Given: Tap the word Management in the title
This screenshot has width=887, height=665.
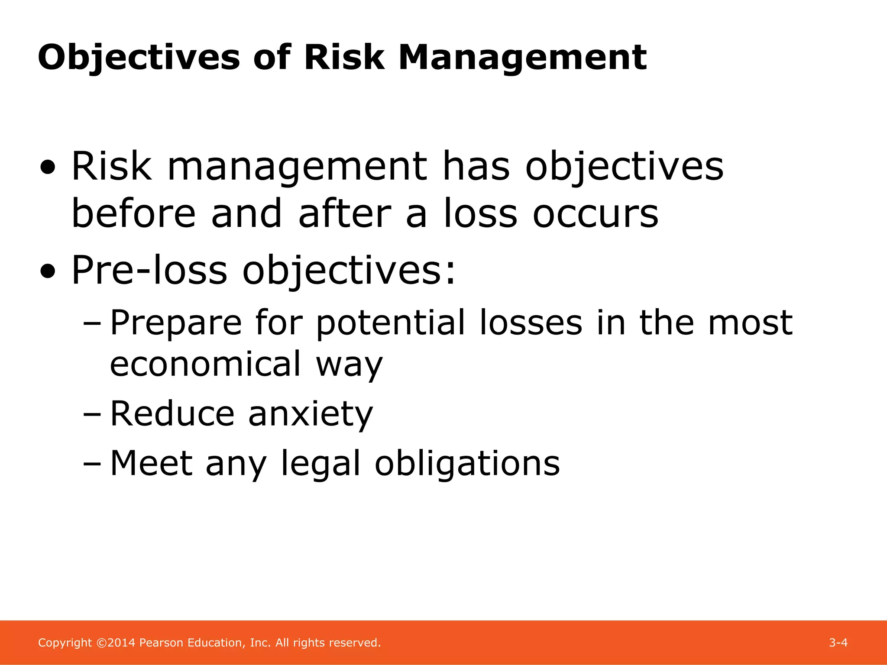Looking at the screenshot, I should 522,58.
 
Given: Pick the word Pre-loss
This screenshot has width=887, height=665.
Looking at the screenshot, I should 149,270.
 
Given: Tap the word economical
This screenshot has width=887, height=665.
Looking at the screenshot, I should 205,364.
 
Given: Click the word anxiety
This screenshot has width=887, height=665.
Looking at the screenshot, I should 310,413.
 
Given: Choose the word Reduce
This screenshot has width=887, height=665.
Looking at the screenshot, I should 172,413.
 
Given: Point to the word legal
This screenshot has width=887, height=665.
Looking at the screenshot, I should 320,464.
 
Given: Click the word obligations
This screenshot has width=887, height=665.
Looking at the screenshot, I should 467,464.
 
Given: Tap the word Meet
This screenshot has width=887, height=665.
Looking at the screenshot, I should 152,464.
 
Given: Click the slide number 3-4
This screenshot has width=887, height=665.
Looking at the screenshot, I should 838,643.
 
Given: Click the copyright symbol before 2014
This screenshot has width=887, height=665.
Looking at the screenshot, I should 101,643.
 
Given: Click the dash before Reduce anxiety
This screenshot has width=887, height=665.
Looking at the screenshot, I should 91,414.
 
